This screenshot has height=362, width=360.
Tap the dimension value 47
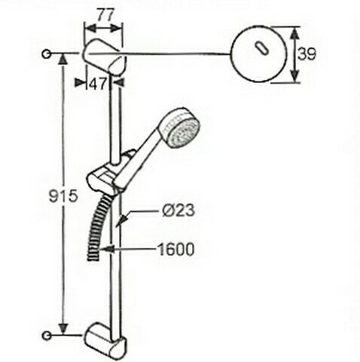pyautogui.click(x=98, y=84)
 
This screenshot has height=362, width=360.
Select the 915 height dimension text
pyautogui.click(x=63, y=196)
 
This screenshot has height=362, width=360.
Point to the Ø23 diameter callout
pyautogui.click(x=178, y=210)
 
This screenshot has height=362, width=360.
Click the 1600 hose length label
pyautogui.click(x=175, y=250)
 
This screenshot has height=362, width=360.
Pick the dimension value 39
pyautogui.click(x=307, y=54)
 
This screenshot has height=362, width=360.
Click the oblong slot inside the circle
pyautogui.click(x=262, y=48)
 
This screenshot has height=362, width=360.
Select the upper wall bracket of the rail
pyautogui.click(x=104, y=57)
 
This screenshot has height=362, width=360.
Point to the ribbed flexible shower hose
pyautogui.click(x=97, y=229)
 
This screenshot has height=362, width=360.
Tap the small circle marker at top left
pyautogui.click(x=47, y=54)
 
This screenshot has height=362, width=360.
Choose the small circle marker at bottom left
pyautogui.click(x=47, y=336)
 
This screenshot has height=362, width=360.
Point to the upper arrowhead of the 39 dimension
pyautogui.click(x=294, y=32)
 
